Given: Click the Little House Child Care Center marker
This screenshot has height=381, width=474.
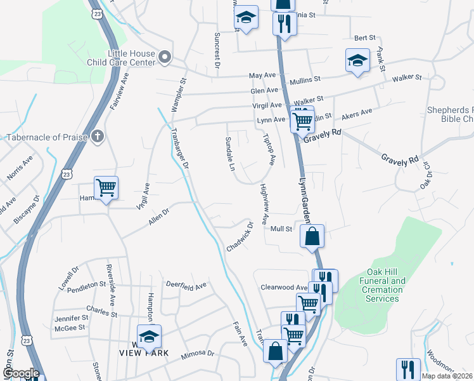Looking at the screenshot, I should tap(165, 58).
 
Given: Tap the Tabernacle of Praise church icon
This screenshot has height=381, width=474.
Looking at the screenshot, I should tap(97, 137).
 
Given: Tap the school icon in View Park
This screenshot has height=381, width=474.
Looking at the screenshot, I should tap(150, 337).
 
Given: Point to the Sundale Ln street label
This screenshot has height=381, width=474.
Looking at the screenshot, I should tap(231, 154).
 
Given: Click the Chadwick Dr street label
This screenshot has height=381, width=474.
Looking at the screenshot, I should tap(240, 236).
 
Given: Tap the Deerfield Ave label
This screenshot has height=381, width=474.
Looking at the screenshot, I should tap(186, 286).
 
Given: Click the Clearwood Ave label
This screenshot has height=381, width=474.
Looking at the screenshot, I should tap(284, 287).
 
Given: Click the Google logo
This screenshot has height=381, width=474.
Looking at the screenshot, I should tap(21, 374).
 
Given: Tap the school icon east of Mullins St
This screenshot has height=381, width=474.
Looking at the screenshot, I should tap(357, 61).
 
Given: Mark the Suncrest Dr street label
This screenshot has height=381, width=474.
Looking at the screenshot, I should tap(216, 50).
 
